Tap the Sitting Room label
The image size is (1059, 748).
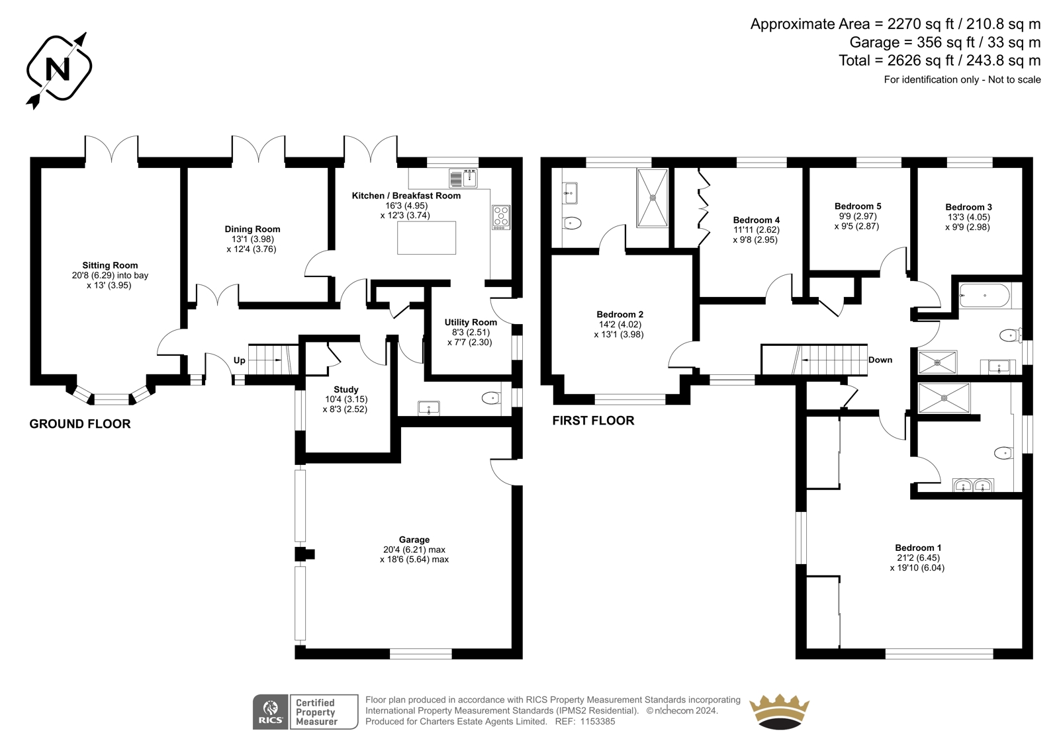(x=110, y=266)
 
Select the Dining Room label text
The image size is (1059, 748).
(x=252, y=229)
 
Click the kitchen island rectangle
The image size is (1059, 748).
(x=426, y=237)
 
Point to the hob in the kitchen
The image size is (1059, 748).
(x=501, y=218)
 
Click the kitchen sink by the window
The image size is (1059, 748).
(x=463, y=178)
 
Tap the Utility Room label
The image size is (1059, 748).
(x=471, y=322)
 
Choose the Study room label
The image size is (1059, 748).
(x=345, y=390)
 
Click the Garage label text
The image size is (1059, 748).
(x=414, y=540)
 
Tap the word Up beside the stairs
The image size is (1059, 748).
(x=239, y=360)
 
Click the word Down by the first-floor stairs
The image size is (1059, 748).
(x=880, y=360)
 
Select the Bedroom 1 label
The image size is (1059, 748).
(x=918, y=548)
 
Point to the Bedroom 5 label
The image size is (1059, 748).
(x=858, y=206)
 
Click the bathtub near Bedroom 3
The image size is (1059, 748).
(x=984, y=296)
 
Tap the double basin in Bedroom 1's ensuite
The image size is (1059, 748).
(x=973, y=485)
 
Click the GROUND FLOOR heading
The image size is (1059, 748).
(x=80, y=424)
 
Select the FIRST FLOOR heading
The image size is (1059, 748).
(x=593, y=421)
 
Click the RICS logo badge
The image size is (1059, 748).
(x=305, y=712)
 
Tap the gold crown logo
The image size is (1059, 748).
(x=779, y=712)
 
